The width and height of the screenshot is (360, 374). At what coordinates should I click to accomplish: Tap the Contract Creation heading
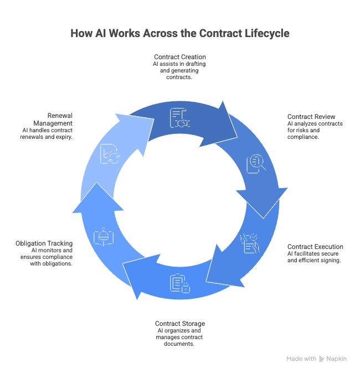pos(179,56)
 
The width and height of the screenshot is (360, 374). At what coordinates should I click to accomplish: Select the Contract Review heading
pos(311,117)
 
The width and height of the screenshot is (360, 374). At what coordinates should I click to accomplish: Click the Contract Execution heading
pos(315,247)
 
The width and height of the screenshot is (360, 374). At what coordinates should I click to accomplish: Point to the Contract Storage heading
pos(180,324)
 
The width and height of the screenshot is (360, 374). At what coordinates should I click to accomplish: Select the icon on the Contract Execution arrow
pos(250,243)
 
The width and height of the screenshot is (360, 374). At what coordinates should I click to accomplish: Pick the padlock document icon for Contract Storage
pos(180,283)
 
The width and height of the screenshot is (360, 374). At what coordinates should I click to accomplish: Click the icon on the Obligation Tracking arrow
pos(104,237)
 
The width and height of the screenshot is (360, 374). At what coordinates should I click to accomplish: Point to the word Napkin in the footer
pos(337,359)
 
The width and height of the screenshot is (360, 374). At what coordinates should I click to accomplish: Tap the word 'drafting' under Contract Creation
pos(194,64)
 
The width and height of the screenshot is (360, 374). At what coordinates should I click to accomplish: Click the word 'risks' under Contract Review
pos(309,130)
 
